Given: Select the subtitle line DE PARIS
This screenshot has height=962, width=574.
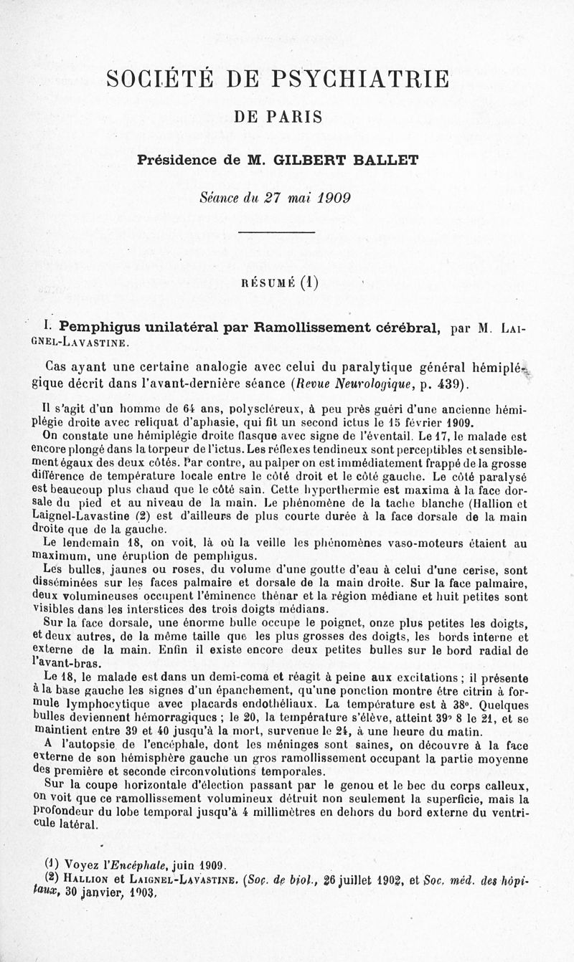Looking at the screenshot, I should tap(278, 117).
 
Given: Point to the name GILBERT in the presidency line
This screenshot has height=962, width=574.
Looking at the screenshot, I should tap(311, 161).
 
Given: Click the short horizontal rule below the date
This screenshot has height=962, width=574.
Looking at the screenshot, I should tap(277, 232).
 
